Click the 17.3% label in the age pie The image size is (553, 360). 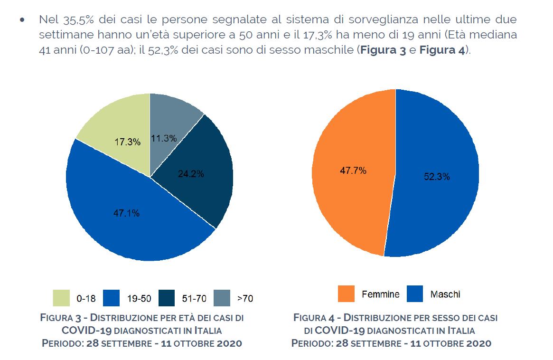pyautogui.click(x=127, y=142)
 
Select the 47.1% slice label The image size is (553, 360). pyautogui.click(x=126, y=213)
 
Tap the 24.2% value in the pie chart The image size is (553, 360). pyautogui.click(x=191, y=174)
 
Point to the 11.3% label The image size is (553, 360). pyautogui.click(x=164, y=138)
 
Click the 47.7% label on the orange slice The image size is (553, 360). pyautogui.click(x=353, y=171)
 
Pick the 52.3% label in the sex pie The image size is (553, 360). pyautogui.click(x=437, y=177)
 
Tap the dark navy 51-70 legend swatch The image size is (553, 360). pyautogui.click(x=167, y=298)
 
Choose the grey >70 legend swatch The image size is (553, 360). pyautogui.click(x=222, y=298)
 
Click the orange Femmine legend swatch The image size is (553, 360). pyautogui.click(x=346, y=294)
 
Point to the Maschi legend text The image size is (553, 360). pyautogui.click(x=445, y=294)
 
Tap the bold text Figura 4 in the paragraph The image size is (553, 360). pyautogui.click(x=442, y=50)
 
